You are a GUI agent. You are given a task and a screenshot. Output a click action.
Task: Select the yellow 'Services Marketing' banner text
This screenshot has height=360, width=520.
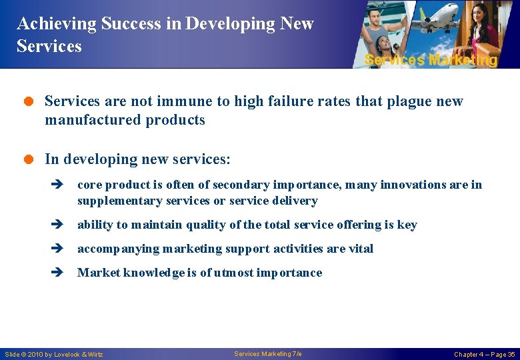click(431, 60)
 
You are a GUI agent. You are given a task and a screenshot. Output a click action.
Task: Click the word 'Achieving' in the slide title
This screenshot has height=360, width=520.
click(56, 24)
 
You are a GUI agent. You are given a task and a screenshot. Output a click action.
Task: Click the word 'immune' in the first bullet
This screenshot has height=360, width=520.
click(190, 101)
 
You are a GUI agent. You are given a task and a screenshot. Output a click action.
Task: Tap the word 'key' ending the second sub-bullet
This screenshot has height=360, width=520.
click(407, 225)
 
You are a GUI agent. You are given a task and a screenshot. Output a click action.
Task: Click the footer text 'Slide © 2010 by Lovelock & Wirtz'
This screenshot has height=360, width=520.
click(54, 355)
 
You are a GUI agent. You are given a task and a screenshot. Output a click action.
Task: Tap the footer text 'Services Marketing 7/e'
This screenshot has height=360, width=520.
click(268, 354)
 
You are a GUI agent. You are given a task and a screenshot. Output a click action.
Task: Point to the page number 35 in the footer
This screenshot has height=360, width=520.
click(511, 355)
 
